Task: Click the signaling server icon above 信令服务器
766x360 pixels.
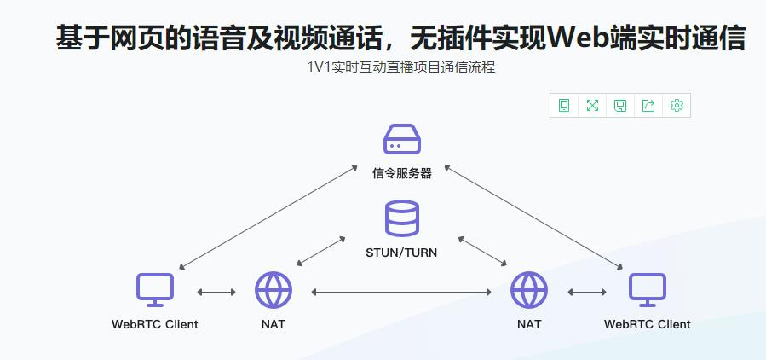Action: [402, 139]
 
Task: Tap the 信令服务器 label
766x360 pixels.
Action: [402, 173]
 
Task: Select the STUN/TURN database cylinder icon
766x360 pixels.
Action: [402, 218]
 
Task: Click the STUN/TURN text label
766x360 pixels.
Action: [401, 253]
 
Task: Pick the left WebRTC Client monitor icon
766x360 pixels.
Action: [155, 290]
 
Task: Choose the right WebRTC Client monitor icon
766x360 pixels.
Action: [648, 290]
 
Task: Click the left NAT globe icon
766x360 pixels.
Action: [274, 290]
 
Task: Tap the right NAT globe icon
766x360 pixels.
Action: [529, 290]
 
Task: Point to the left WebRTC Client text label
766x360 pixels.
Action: [155, 324]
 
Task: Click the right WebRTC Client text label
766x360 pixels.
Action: [648, 324]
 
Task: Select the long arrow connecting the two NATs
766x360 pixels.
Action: [401, 292]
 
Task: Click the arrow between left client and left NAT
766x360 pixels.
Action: [216, 292]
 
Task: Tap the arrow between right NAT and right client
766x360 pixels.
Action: [587, 292]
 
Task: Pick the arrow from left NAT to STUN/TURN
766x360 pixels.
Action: [320, 249]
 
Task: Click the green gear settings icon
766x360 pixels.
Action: [677, 106]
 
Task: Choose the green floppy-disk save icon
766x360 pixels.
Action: [620, 106]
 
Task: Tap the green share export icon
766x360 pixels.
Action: [648, 106]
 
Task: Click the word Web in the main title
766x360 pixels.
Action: [579, 38]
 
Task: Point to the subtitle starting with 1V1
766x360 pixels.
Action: [401, 67]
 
